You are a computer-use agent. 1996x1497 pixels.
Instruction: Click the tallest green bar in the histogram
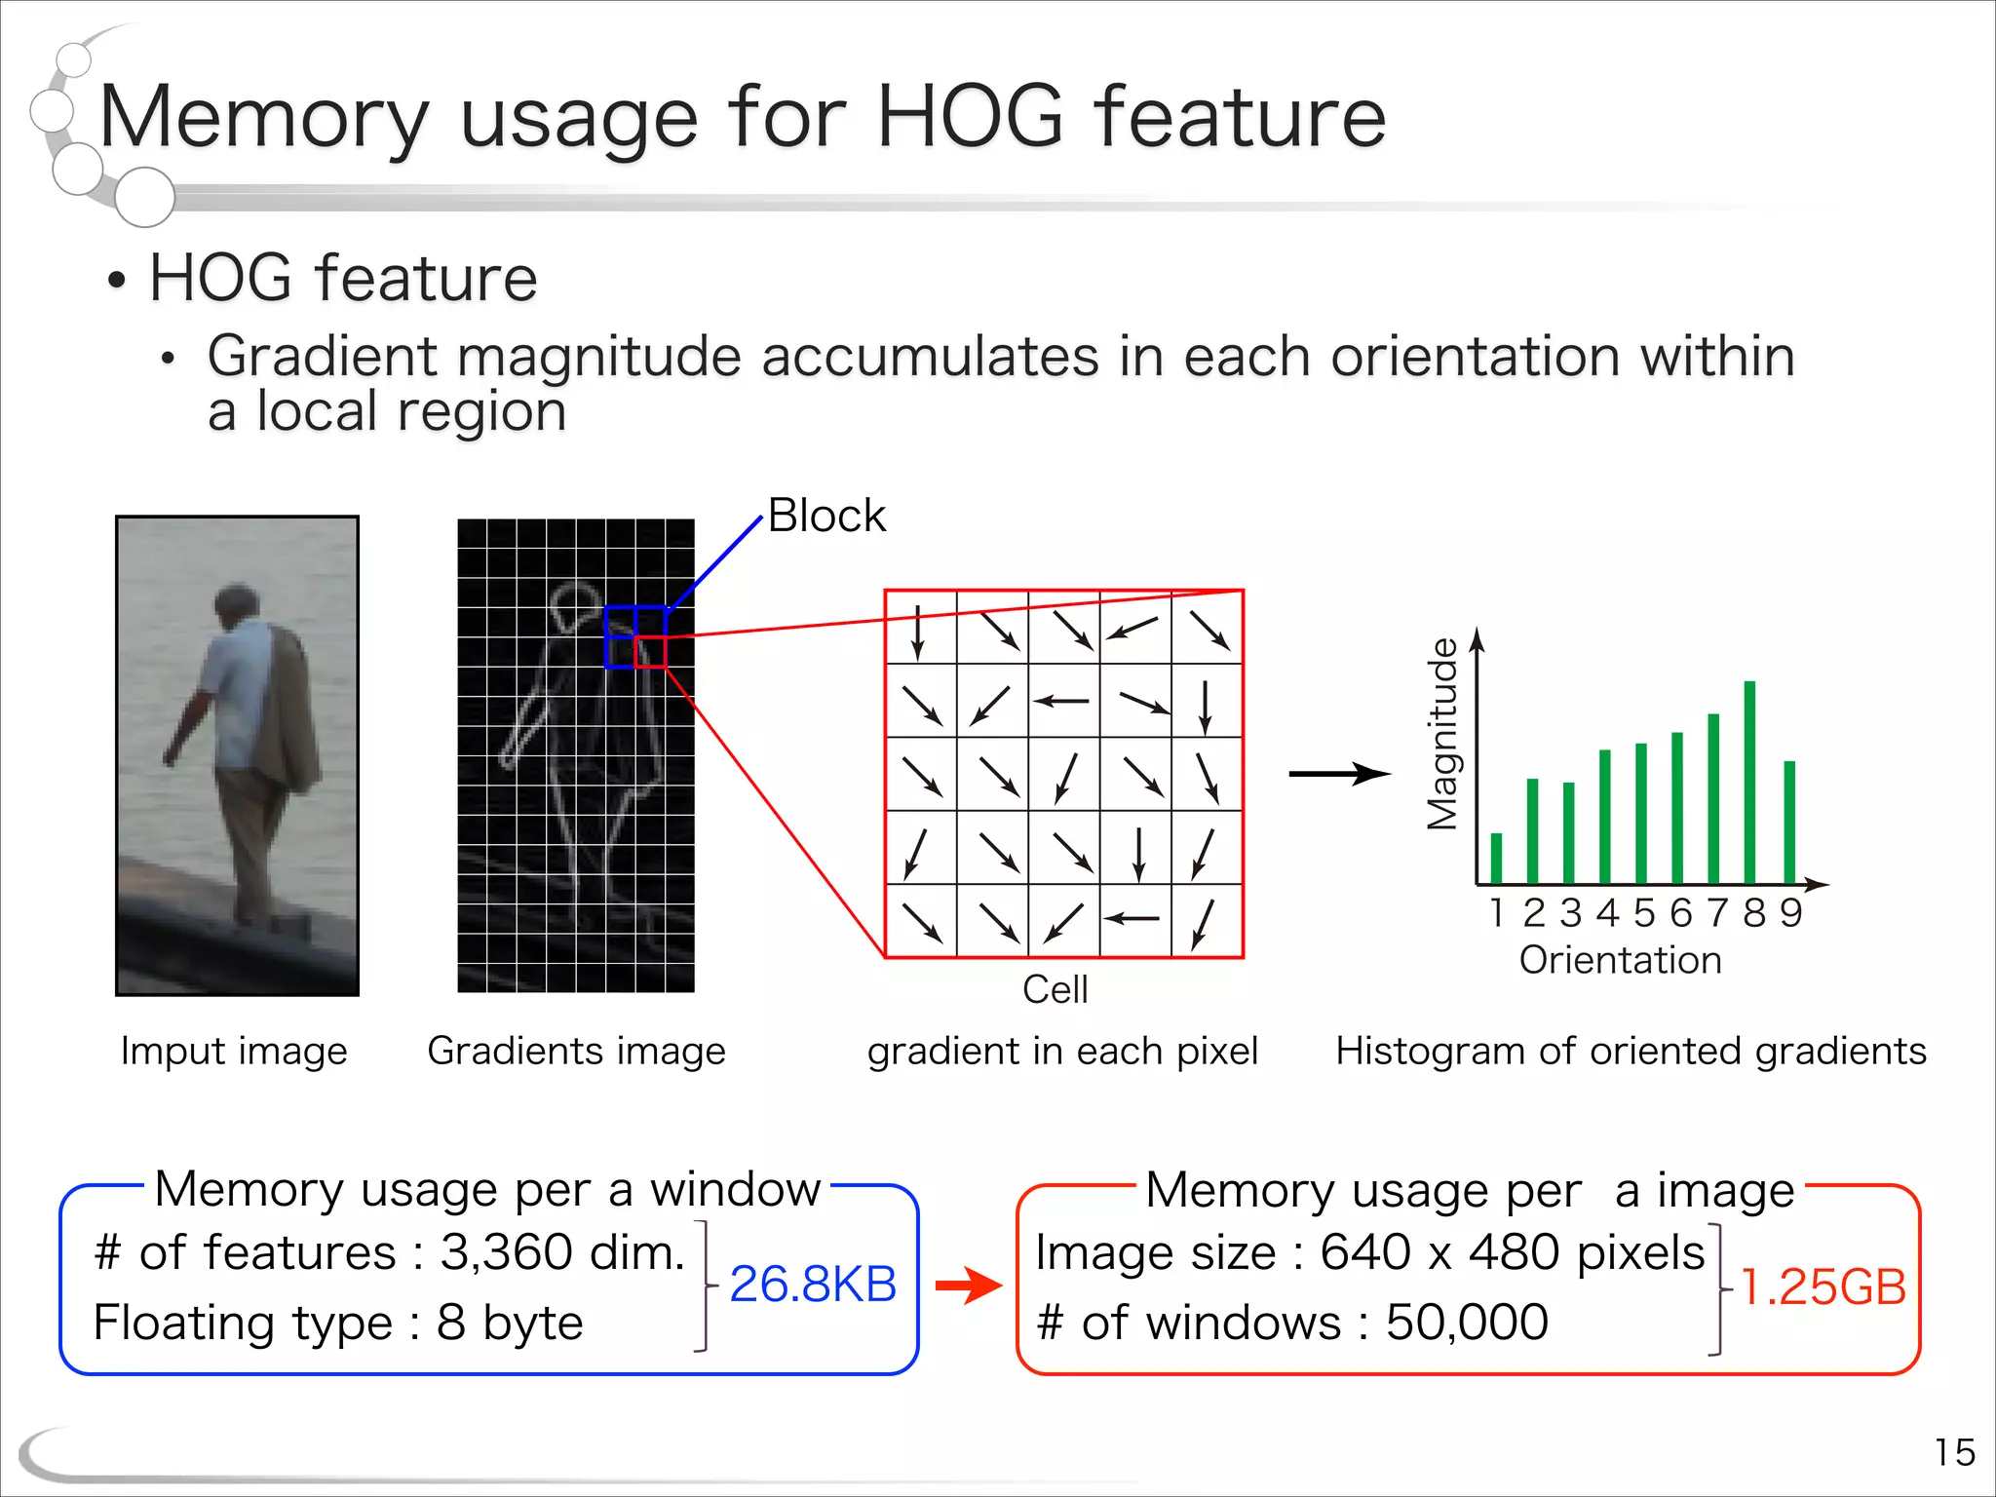coord(1749,782)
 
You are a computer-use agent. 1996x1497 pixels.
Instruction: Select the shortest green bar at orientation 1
coord(1496,858)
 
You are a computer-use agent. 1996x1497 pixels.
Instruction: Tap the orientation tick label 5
coord(1644,913)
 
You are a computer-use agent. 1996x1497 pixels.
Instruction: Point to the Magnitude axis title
coord(1442,734)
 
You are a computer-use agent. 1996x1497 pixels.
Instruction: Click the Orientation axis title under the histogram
coord(1620,960)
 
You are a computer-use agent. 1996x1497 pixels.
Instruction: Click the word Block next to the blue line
coord(826,516)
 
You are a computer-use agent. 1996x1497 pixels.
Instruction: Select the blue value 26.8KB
coord(813,1284)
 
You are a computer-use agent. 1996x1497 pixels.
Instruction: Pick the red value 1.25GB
coord(1823,1287)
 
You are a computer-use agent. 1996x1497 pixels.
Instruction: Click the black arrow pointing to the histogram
coord(1339,775)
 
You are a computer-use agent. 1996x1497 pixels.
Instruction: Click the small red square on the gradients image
coord(650,651)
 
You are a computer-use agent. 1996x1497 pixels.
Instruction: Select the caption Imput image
coord(234,1051)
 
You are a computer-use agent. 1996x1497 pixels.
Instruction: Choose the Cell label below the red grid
coord(1055,989)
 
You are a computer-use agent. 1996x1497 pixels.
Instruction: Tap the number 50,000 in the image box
coord(1466,1323)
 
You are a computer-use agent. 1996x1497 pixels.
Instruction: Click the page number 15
coord(1954,1452)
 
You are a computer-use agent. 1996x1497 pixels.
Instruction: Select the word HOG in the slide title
coord(970,117)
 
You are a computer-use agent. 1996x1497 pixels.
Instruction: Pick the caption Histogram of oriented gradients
coord(1631,1051)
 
